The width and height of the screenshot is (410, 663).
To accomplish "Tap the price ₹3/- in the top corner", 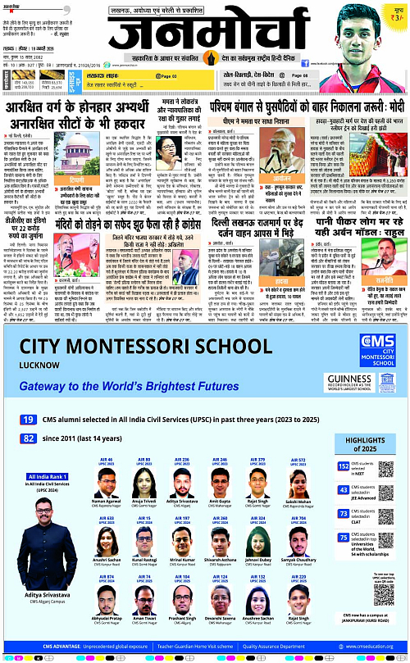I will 398,16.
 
